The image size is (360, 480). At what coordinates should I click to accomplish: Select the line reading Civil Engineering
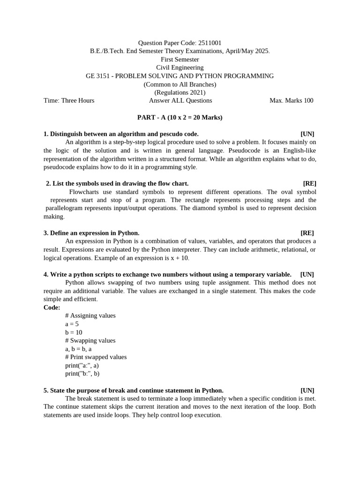[180, 67]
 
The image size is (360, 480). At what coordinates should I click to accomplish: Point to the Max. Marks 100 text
[291, 100]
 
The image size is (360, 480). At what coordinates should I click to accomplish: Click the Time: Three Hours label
[69, 100]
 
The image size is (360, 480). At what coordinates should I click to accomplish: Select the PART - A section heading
[180, 117]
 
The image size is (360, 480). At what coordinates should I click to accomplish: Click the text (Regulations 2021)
[180, 92]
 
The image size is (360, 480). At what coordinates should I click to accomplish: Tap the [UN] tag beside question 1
[307, 134]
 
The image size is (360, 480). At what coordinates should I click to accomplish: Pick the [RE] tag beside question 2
[309, 183]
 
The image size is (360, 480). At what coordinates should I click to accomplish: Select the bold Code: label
[52, 307]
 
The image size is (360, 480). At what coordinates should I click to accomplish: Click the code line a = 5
[72, 324]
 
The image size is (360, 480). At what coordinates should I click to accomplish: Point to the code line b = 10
[74, 332]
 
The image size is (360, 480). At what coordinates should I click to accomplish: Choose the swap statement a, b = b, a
[78, 349]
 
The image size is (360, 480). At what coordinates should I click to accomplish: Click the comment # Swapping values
[90, 340]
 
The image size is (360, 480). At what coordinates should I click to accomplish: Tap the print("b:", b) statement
[82, 374]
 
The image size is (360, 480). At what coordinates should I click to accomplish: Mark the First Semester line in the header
[180, 60]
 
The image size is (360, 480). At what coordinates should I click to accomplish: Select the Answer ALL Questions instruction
[180, 100]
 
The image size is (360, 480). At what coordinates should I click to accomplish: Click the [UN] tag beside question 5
[307, 390]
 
